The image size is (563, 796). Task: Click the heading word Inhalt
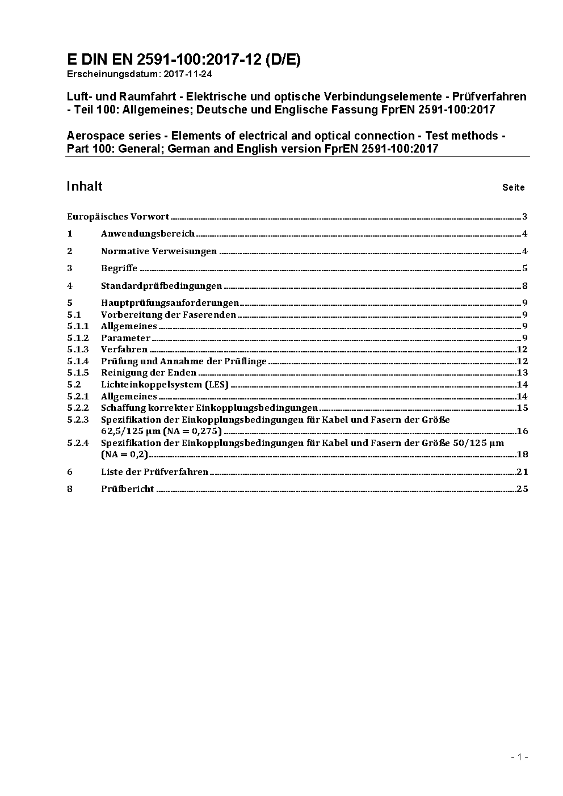point(85,186)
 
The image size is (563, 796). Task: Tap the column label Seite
point(513,187)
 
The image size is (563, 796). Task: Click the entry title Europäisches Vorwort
point(118,216)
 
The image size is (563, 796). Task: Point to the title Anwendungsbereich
point(148,233)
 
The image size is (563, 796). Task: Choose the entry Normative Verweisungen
point(159,251)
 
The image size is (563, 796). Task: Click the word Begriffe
point(119,268)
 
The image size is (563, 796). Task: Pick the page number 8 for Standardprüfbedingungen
point(525,286)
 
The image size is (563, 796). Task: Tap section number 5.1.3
point(78,349)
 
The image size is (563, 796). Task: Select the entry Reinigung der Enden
point(149,373)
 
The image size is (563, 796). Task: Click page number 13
point(522,373)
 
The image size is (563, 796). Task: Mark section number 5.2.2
point(78,408)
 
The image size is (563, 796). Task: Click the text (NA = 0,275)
point(192,431)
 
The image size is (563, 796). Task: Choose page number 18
point(522,454)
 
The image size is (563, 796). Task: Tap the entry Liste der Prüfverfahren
point(154,471)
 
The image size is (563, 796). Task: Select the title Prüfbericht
point(128,489)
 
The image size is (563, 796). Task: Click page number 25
point(522,489)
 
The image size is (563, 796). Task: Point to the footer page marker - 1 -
point(519,757)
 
